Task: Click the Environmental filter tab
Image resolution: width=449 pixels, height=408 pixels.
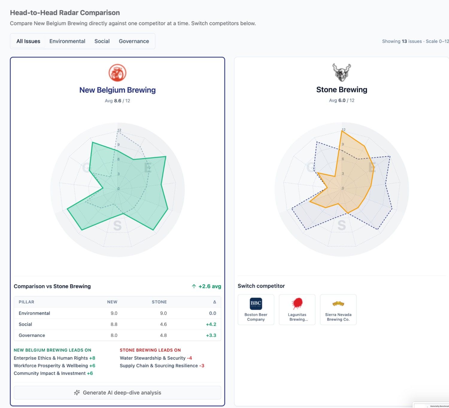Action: (x=67, y=41)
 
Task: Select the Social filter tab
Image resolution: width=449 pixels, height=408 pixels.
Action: (x=102, y=41)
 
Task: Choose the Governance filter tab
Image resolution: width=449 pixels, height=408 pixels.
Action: (x=134, y=41)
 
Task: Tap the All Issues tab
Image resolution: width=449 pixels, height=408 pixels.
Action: (x=28, y=41)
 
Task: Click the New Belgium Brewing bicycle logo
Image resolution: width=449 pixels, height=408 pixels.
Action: (x=117, y=73)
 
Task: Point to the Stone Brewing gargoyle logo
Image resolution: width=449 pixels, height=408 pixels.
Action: (x=342, y=72)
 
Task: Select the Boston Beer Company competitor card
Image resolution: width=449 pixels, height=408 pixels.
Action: (x=256, y=310)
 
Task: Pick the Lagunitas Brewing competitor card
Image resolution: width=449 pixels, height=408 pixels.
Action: (x=297, y=310)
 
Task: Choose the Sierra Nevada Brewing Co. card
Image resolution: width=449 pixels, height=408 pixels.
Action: (x=338, y=310)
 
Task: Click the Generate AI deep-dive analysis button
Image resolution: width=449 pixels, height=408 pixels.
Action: (x=117, y=392)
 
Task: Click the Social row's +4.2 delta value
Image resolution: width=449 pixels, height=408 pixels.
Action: (x=211, y=324)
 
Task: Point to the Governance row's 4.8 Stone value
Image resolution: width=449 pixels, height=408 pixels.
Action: (x=163, y=335)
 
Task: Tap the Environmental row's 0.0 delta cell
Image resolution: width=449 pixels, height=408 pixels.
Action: (x=213, y=313)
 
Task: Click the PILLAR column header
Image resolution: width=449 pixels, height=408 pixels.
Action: (x=26, y=302)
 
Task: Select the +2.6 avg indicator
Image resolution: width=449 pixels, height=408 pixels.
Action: (x=206, y=286)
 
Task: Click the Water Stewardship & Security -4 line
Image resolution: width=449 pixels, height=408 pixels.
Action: (x=156, y=358)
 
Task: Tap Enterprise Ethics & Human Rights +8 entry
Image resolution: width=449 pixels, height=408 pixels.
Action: (x=54, y=358)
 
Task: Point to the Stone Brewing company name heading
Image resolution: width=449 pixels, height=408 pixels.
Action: (x=342, y=90)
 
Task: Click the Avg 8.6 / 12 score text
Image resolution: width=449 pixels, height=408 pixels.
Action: (x=117, y=101)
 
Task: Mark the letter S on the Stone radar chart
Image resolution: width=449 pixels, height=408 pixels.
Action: (x=342, y=225)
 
